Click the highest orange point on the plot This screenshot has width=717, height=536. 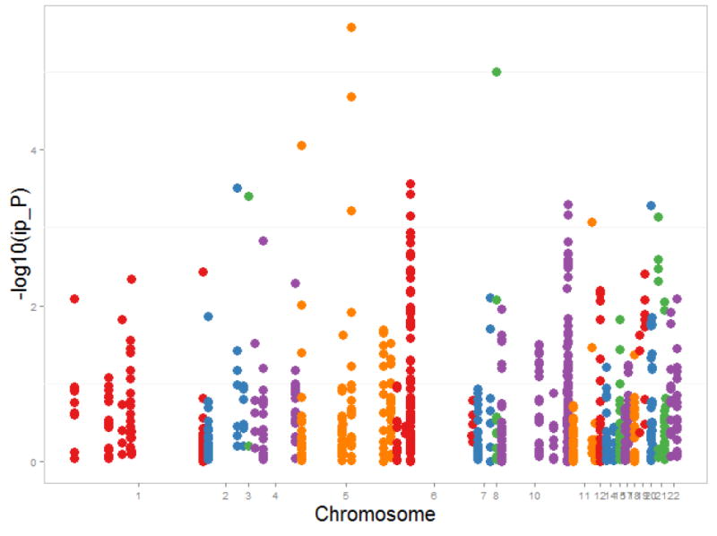pos(351,28)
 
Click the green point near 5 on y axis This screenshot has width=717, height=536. pos(497,72)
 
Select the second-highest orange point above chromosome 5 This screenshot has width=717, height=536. pos(351,97)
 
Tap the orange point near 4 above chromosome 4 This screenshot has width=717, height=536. pos(302,145)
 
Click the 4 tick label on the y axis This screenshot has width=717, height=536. pos(32,150)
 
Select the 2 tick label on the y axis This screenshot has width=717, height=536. pos(32,306)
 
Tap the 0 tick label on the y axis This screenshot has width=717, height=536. pos(32,462)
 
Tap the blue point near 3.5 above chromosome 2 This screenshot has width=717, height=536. pos(238,188)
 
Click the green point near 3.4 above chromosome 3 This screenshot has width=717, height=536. pos(249,196)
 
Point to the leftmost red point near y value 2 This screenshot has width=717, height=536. pos(75,299)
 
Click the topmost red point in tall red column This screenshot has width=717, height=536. pos(410,185)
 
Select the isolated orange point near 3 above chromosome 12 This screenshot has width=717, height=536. pos(592,222)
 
